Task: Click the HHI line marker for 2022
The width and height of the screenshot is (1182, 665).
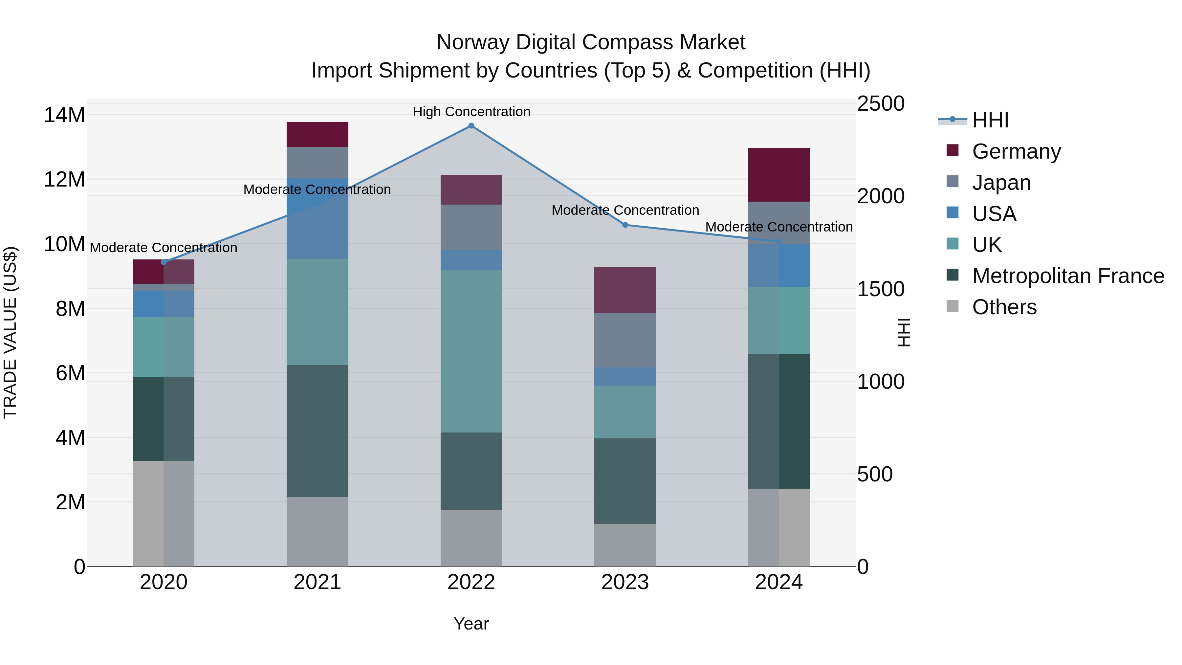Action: point(471,126)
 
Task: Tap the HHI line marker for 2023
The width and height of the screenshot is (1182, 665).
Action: point(625,225)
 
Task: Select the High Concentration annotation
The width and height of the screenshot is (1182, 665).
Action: point(471,112)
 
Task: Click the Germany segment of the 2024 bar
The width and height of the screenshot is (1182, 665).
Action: point(779,175)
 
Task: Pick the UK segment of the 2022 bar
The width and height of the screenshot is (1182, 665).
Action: point(471,351)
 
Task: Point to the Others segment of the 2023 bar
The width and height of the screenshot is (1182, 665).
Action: point(625,545)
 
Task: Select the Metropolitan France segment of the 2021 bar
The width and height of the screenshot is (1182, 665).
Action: point(317,431)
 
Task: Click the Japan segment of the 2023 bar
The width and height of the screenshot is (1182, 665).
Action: point(625,340)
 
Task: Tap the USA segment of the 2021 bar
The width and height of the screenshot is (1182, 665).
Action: point(317,218)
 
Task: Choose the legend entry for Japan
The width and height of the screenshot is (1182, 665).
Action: point(1001,183)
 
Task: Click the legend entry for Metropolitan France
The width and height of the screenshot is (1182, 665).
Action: point(1068,276)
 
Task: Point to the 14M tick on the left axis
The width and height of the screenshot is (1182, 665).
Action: point(64,115)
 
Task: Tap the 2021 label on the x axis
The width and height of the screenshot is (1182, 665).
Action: point(317,582)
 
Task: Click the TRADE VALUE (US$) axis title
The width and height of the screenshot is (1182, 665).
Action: point(10,332)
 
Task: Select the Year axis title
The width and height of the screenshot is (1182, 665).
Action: point(471,624)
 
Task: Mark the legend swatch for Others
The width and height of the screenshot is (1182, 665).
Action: point(952,306)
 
